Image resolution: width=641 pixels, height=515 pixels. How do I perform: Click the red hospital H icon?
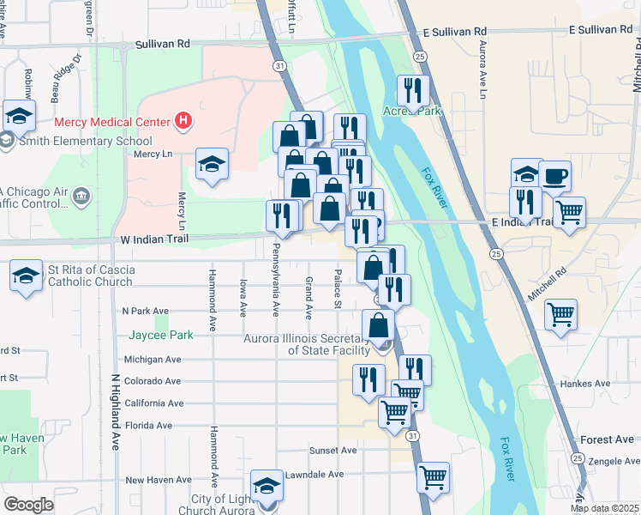tap(183, 122)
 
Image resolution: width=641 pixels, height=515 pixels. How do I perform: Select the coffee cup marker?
tap(554, 175)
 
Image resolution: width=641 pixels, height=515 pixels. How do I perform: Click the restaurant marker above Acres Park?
tap(414, 90)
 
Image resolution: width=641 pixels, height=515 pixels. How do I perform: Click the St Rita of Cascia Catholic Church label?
tap(91, 276)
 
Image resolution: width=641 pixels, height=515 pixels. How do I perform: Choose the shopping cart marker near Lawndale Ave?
tap(434, 476)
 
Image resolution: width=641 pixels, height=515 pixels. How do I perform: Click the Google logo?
tap(28, 505)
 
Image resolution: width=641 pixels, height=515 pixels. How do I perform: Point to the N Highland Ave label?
tap(115, 412)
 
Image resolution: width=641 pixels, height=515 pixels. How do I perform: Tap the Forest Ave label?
tap(607, 439)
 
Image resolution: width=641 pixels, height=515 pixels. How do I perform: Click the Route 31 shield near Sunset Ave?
tap(413, 436)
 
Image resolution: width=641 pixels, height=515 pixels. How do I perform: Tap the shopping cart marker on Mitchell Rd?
tap(560, 314)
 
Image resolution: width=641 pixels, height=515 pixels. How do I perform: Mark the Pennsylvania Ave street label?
tap(276, 280)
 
